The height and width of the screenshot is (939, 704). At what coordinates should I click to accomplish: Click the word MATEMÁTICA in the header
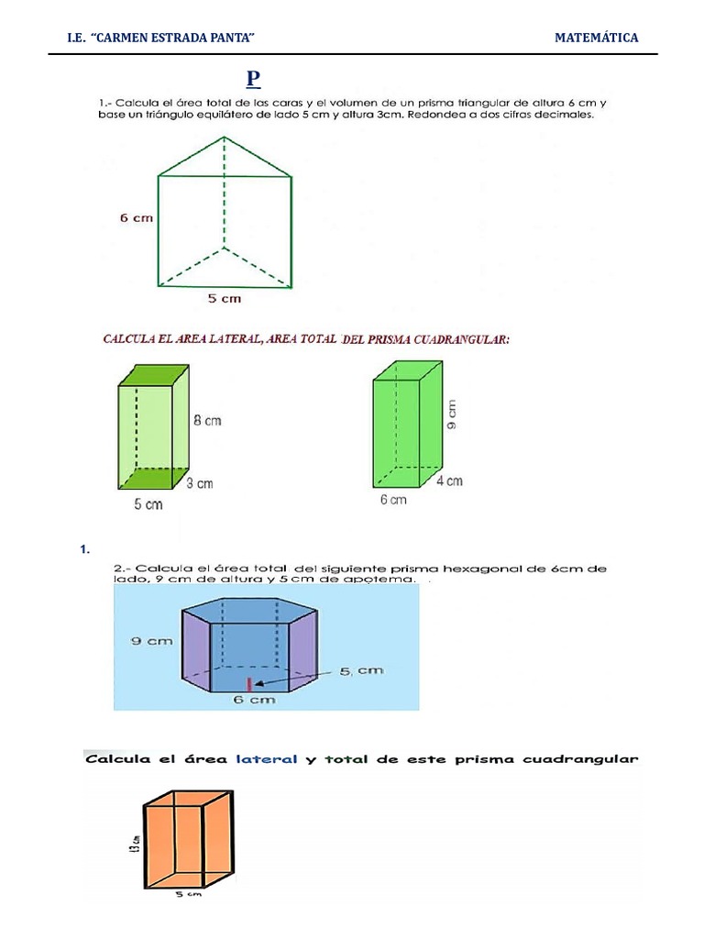pyautogui.click(x=596, y=38)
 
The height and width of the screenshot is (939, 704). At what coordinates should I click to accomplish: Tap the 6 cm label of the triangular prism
pyautogui.click(x=136, y=218)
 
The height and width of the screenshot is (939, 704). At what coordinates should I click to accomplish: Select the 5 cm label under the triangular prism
pyautogui.click(x=225, y=299)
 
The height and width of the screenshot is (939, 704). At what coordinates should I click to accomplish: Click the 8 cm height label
pyautogui.click(x=206, y=421)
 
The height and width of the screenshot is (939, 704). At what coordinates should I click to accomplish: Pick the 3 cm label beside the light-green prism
pyautogui.click(x=200, y=483)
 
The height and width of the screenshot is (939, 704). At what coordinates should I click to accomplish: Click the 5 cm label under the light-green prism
pyautogui.click(x=149, y=504)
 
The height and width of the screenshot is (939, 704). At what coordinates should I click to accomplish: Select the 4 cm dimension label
pyautogui.click(x=448, y=481)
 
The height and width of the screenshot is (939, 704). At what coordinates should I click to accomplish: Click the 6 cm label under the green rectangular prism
pyautogui.click(x=392, y=500)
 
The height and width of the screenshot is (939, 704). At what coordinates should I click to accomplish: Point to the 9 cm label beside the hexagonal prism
pyautogui.click(x=151, y=642)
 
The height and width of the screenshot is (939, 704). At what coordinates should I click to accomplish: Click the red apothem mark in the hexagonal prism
pyautogui.click(x=248, y=683)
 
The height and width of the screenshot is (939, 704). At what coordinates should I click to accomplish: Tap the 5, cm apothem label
pyautogui.click(x=361, y=670)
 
